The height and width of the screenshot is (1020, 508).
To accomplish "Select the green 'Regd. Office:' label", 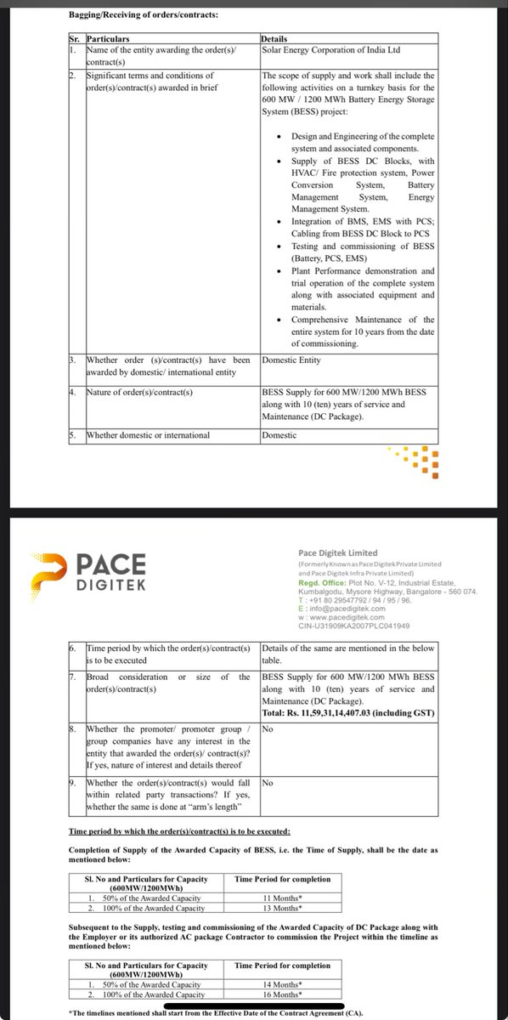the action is click(x=322, y=583).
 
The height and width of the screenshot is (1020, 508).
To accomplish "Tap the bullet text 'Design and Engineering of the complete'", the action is click(x=363, y=137).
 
